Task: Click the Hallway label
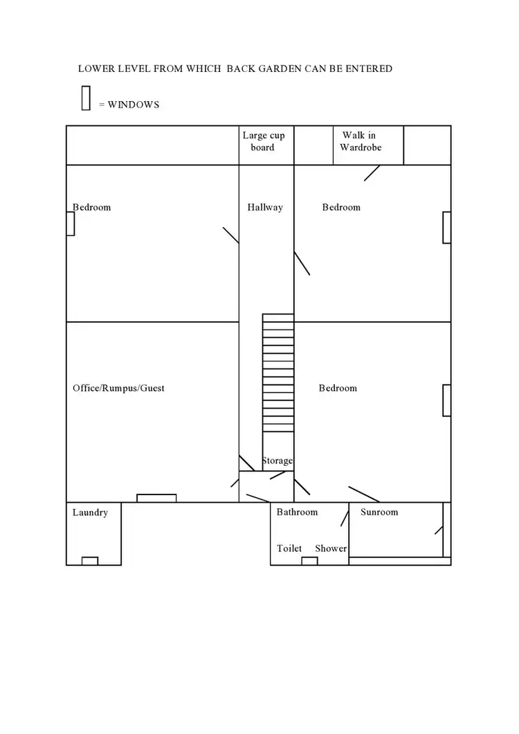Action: click(265, 207)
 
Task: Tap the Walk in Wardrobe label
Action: click(360, 141)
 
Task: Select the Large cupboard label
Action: click(263, 141)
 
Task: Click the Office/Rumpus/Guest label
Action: click(118, 388)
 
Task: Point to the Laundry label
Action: click(90, 513)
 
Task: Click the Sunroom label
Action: click(379, 512)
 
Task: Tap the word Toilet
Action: click(289, 548)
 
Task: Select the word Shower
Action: click(331, 548)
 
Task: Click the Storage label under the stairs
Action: click(277, 461)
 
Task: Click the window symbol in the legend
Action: click(86, 98)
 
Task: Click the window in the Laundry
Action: click(90, 561)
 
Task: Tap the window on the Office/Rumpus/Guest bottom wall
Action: click(156, 498)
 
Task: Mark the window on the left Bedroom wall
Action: click(70, 224)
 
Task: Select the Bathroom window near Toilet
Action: click(309, 561)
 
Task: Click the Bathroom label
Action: click(297, 512)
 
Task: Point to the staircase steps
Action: click(278, 374)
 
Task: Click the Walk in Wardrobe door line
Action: click(372, 172)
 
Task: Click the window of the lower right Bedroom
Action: click(447, 400)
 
